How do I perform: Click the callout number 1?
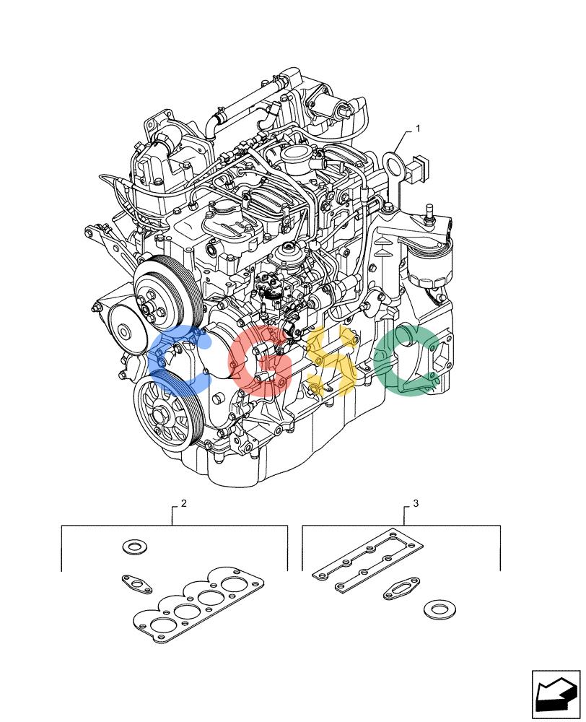pyautogui.click(x=418, y=129)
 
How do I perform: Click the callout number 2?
pyautogui.click(x=184, y=503)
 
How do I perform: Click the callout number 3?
pyautogui.click(x=416, y=503)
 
